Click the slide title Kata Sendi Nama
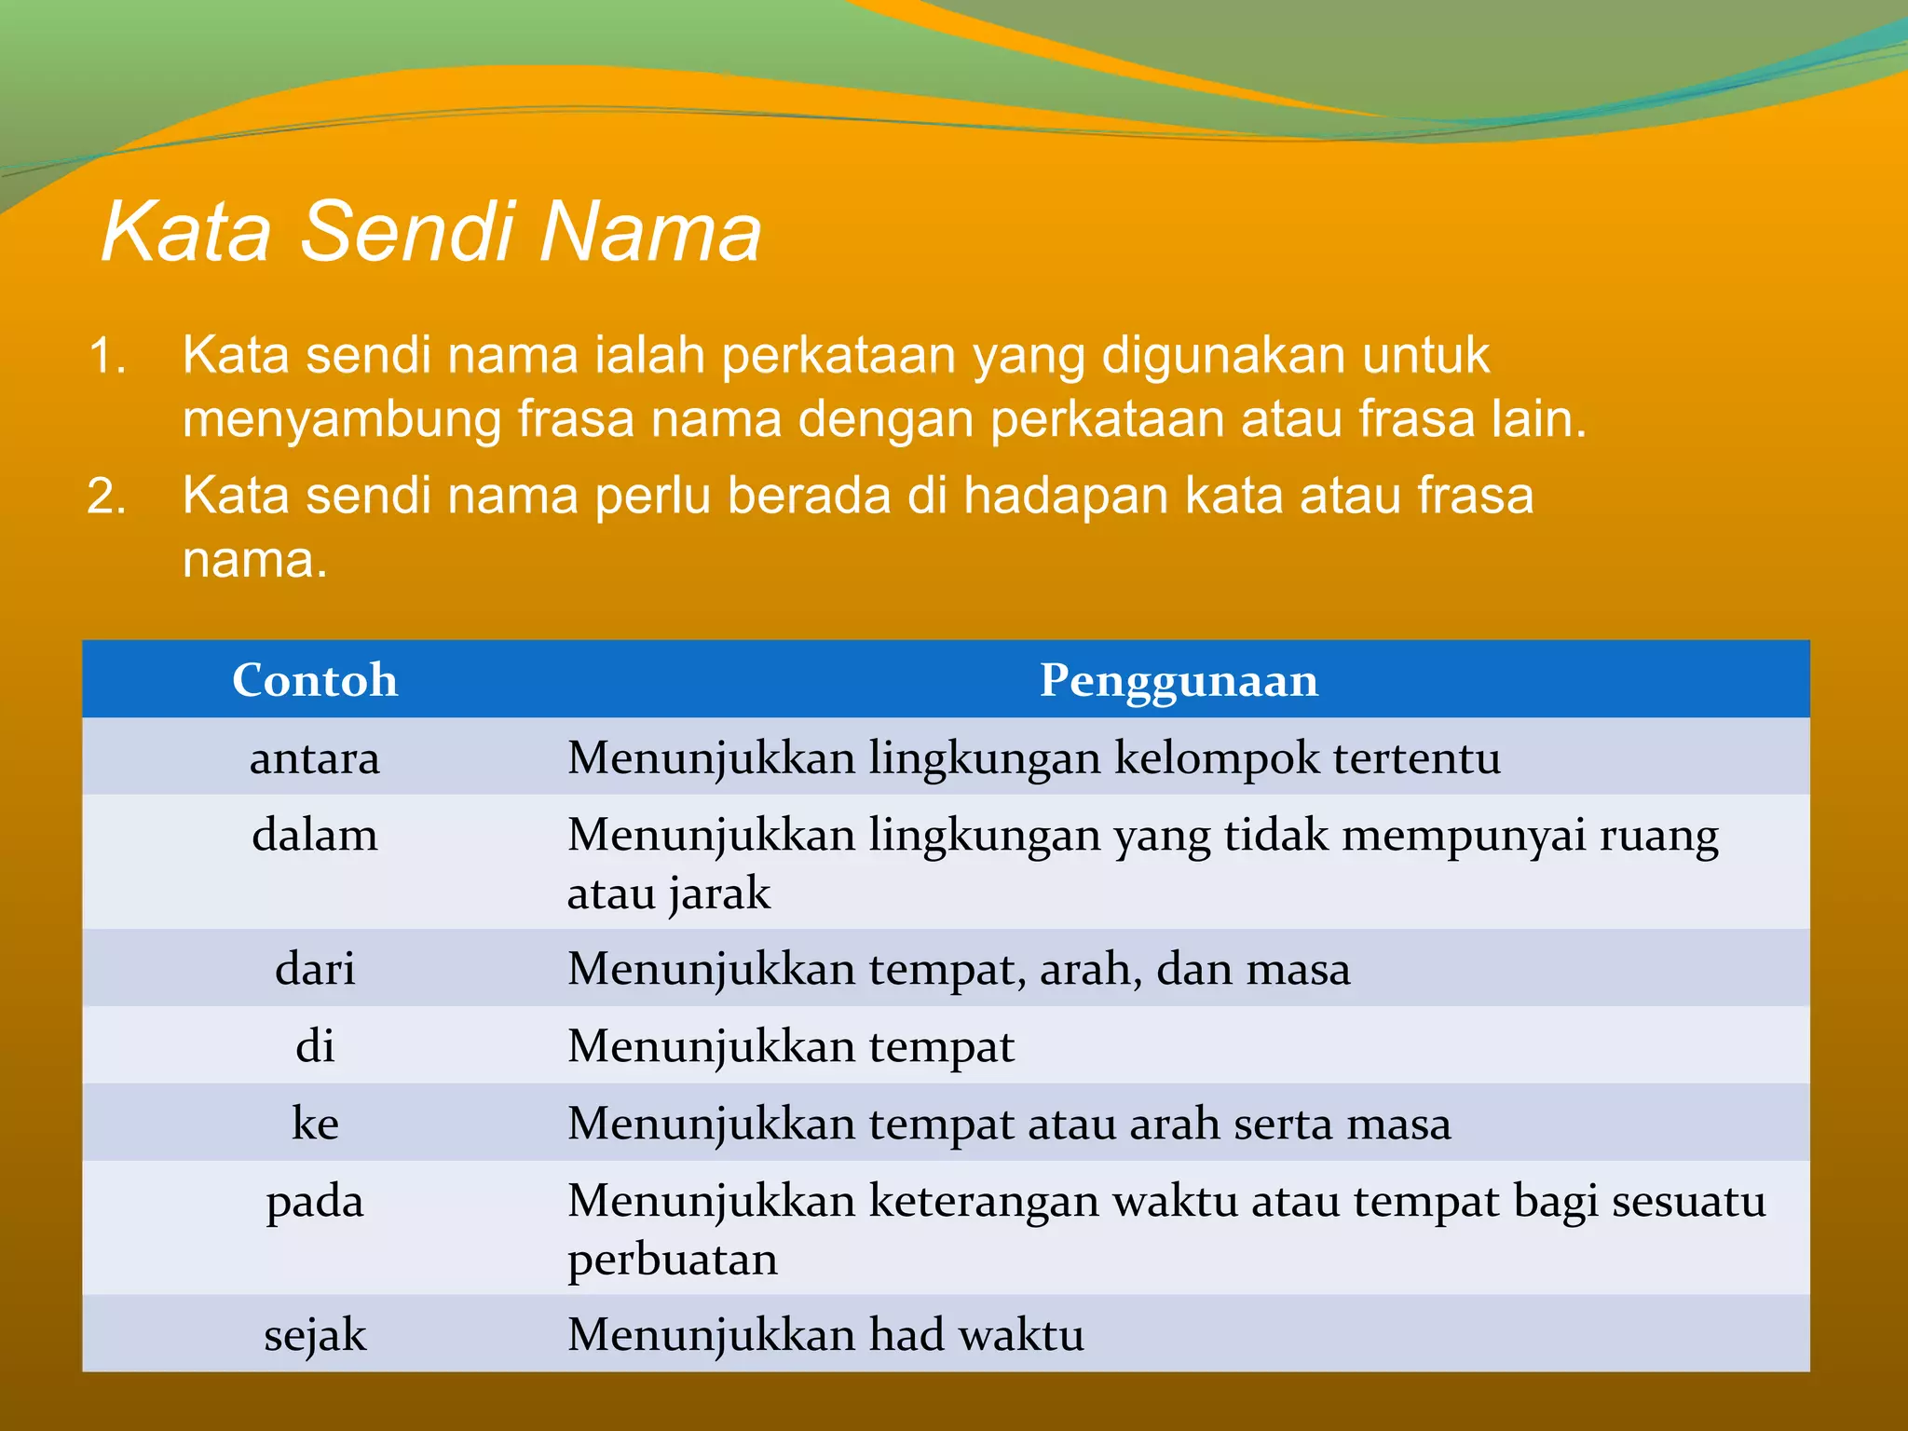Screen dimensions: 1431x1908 (431, 231)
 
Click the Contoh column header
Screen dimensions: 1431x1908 (315, 680)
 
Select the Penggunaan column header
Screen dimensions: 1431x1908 (1179, 680)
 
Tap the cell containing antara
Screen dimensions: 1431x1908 (315, 757)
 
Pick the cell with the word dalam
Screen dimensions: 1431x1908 (315, 835)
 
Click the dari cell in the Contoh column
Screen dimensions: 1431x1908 (315, 969)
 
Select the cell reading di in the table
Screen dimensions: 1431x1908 (315, 1046)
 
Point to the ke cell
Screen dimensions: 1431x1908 (315, 1124)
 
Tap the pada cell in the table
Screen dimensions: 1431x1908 (315, 1201)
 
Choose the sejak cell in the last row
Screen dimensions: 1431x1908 (315, 1335)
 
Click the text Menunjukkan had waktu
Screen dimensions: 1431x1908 (825, 1335)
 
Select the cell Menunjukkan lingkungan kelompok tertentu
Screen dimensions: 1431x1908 (1034, 757)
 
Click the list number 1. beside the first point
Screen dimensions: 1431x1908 (107, 357)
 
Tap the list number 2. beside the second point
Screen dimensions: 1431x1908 (107, 497)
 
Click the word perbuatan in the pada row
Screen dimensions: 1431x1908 (673, 1260)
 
